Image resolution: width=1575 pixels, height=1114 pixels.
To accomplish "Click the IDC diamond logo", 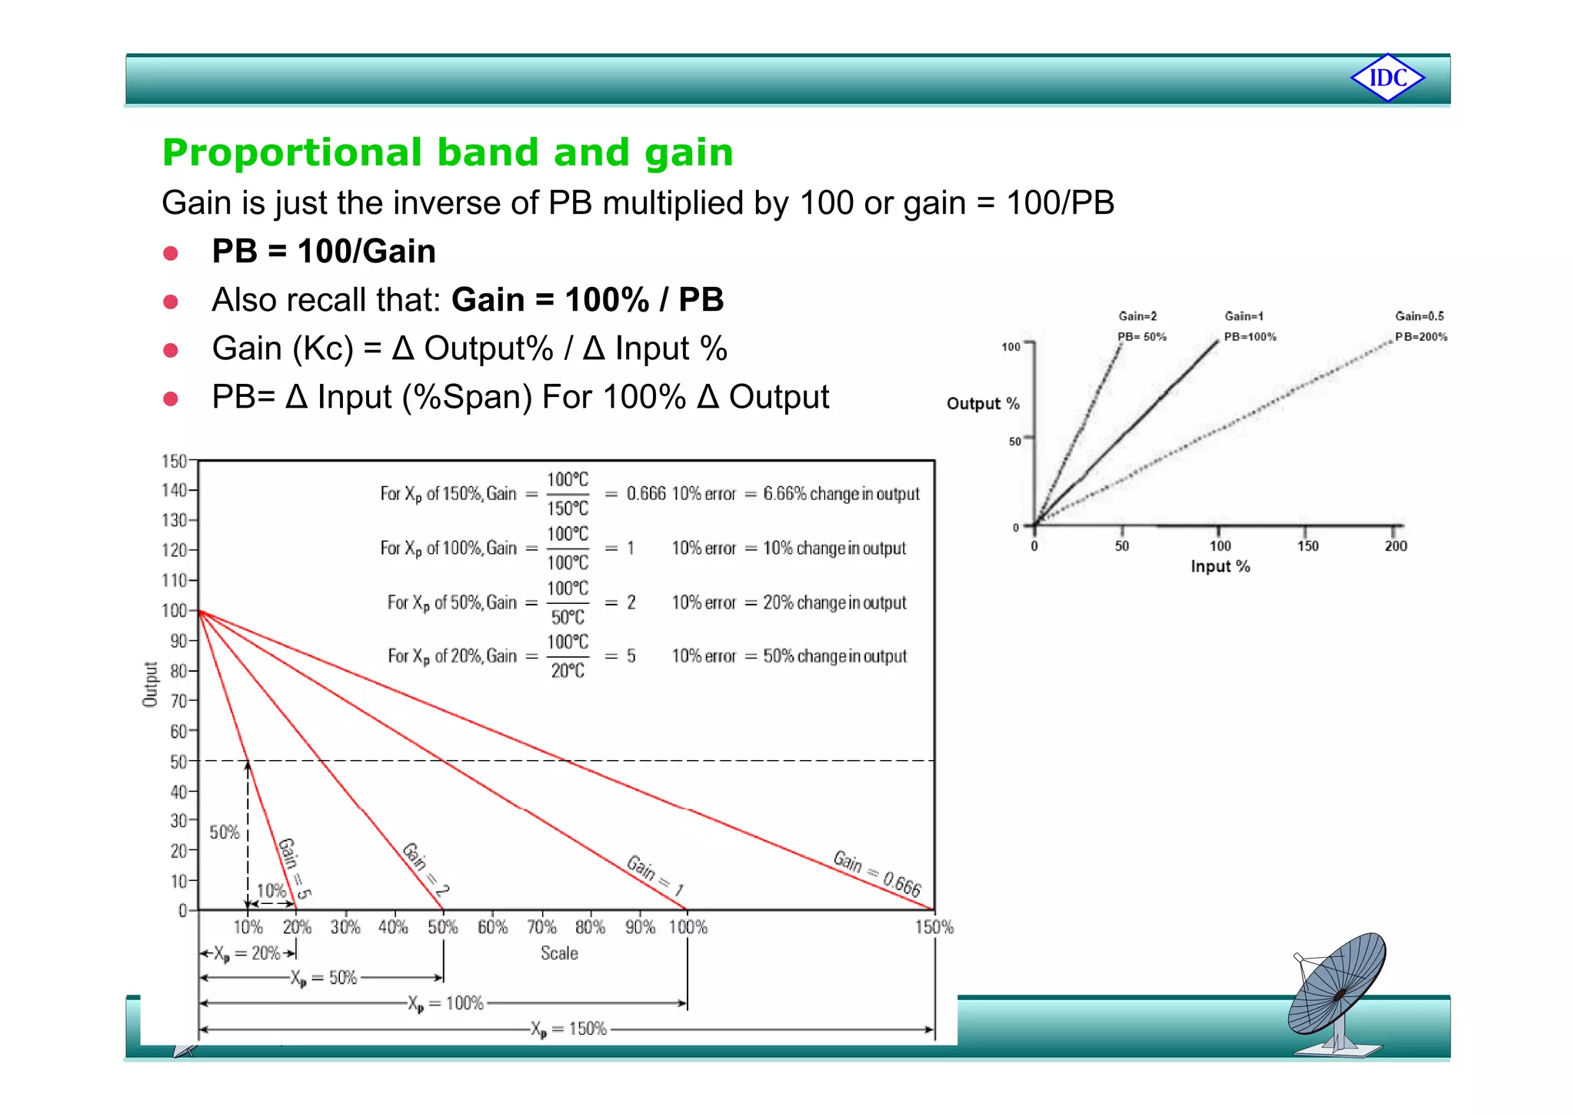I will click(x=1387, y=78).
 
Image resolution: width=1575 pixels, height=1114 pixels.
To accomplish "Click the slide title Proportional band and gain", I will click(x=448, y=152).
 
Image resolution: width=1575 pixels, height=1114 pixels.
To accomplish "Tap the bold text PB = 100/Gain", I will click(x=324, y=252).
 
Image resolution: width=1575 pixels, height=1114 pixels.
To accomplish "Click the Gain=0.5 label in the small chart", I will click(x=1420, y=316).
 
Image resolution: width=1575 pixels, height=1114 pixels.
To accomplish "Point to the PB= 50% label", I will click(x=1142, y=337).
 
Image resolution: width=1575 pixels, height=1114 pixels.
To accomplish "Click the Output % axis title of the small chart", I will click(x=983, y=404).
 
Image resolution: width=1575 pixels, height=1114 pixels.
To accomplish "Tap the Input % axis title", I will click(x=1220, y=567).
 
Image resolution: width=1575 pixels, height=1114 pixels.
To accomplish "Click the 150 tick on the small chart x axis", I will click(x=1307, y=546).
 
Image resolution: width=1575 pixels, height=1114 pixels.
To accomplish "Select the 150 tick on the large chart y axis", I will click(x=174, y=461).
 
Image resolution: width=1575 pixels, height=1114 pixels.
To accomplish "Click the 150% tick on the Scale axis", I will click(x=934, y=928).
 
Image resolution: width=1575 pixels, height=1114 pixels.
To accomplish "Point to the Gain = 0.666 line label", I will click(x=877, y=874).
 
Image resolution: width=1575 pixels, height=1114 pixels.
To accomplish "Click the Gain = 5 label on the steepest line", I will click(x=295, y=869).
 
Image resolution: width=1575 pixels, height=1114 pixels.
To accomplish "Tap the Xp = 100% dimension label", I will click(x=446, y=1004).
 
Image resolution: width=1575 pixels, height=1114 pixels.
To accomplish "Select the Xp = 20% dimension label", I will click(x=247, y=954).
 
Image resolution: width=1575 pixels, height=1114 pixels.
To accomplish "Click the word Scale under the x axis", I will click(x=559, y=954).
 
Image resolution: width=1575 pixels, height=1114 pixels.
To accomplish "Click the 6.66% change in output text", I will click(x=841, y=494).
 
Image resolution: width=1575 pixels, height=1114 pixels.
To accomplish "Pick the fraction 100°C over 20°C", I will click(x=568, y=656).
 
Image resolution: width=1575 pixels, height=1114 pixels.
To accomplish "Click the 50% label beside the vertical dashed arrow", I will click(x=225, y=832).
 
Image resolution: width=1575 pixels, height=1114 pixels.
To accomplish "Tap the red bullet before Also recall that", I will click(x=171, y=302).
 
